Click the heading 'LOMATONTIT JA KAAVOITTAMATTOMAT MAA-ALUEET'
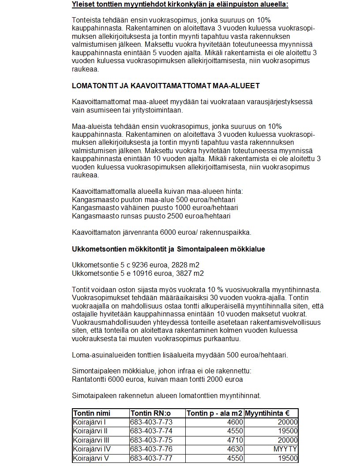tap(165, 85)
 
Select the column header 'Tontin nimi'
tap(92, 413)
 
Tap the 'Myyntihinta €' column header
tap(267, 413)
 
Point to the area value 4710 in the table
tap(234, 440)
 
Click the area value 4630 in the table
tap(234, 449)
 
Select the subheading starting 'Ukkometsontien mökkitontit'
tap(169, 249)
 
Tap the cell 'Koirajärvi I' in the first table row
tap(87, 422)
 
